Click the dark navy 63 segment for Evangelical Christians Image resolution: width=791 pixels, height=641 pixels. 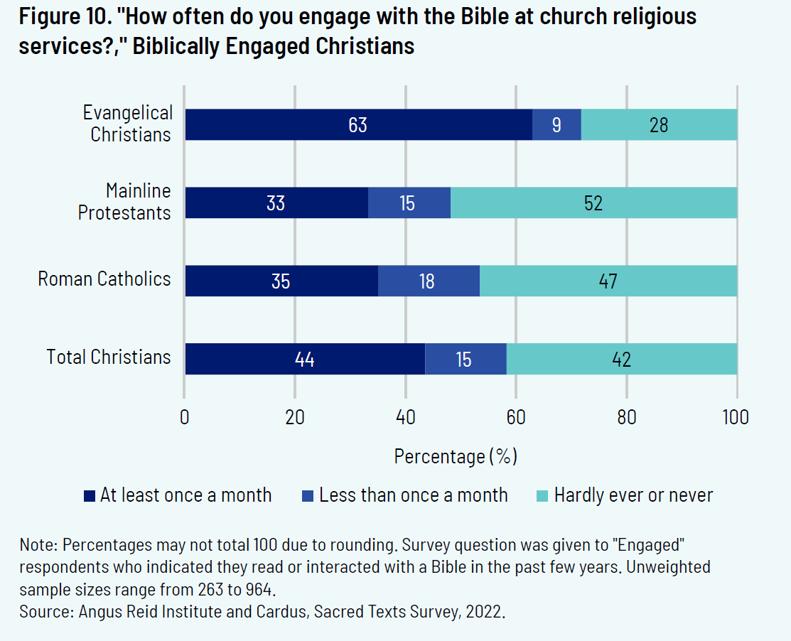click(358, 125)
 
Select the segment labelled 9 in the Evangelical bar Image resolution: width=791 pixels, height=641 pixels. click(556, 125)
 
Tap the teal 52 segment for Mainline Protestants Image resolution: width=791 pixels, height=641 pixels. click(593, 203)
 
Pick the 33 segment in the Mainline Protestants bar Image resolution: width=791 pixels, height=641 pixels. click(276, 203)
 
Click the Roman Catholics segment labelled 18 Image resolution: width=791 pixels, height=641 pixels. click(428, 281)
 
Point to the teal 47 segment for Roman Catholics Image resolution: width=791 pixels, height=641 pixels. click(608, 281)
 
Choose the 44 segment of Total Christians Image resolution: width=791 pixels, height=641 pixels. click(305, 359)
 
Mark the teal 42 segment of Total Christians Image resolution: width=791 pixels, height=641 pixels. click(621, 359)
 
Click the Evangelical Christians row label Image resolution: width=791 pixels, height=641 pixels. click(128, 124)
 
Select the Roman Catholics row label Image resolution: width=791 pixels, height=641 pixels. click(104, 279)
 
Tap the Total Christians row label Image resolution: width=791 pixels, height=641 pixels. click(109, 357)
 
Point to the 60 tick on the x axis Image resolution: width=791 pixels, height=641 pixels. click(516, 417)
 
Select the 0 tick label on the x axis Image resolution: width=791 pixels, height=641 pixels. click(185, 417)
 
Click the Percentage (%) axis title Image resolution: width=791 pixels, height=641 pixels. click(456, 456)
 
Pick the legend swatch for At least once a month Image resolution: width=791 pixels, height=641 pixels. click(90, 496)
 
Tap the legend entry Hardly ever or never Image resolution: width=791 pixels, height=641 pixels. click(633, 495)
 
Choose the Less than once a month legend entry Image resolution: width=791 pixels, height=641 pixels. click(413, 495)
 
